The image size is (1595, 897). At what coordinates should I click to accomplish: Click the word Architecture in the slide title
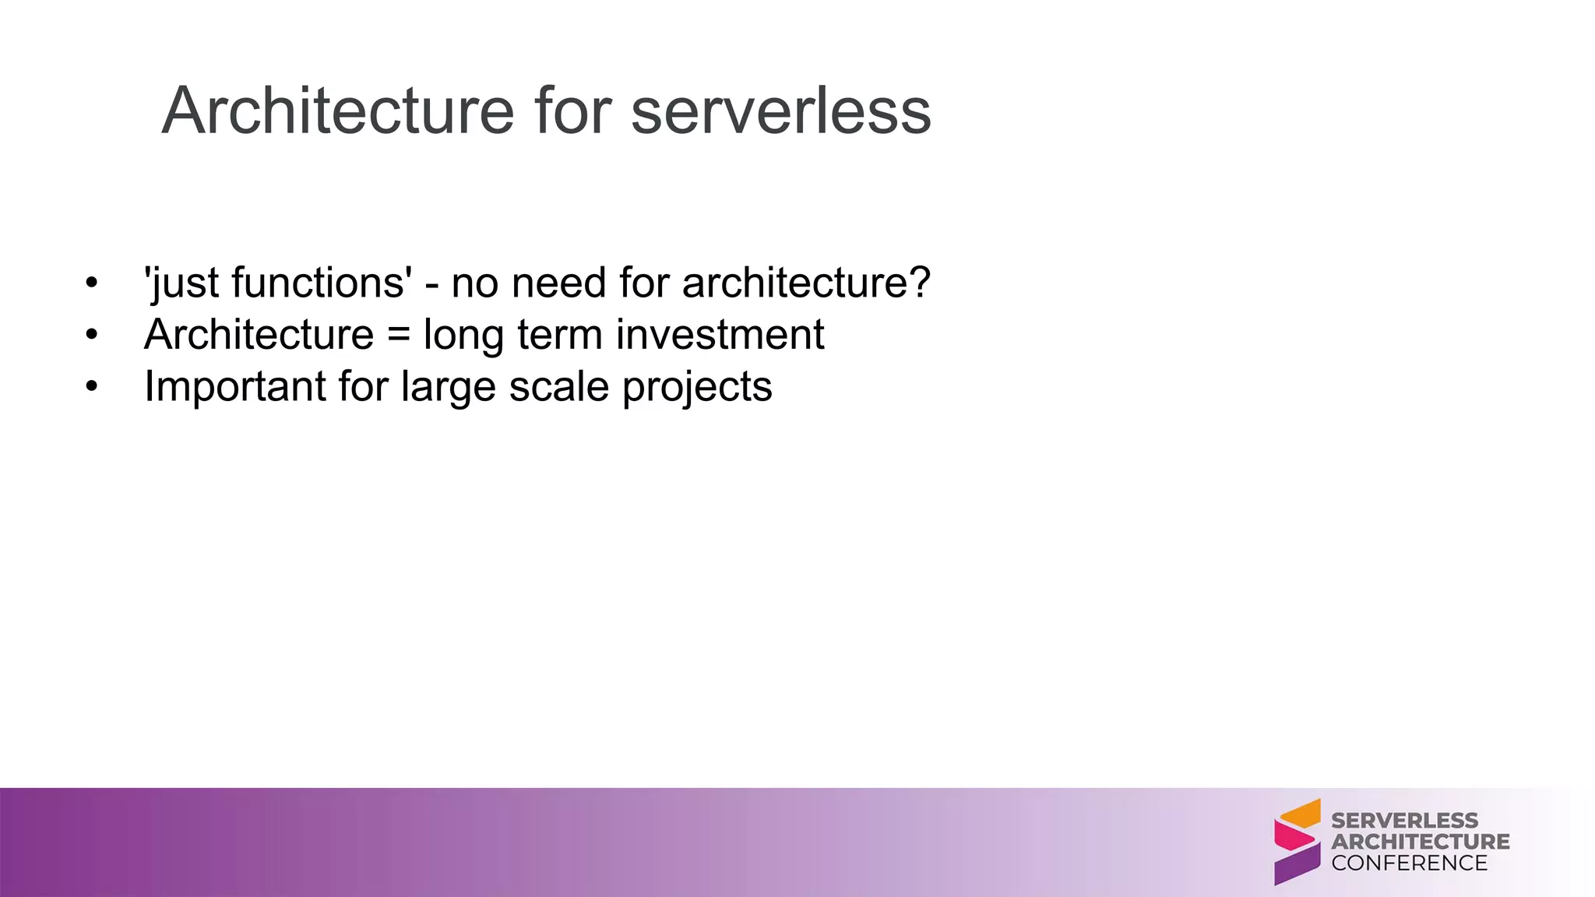coord(338,111)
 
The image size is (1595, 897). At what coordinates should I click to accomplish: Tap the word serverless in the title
coord(780,111)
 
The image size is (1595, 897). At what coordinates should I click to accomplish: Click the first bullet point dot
coord(92,283)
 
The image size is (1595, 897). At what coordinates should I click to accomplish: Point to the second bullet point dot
coord(92,336)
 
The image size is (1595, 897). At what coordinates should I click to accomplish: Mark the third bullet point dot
coord(92,387)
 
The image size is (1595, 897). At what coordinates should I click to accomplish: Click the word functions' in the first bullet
coord(322,282)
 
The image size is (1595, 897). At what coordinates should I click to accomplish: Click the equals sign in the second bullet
coord(398,335)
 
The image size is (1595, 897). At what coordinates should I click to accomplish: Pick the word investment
coord(720,335)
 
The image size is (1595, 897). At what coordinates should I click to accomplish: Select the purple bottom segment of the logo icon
coord(1297,864)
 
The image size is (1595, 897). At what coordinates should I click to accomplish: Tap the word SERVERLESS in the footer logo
coord(1404,821)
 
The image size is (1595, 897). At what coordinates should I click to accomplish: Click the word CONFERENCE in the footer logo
coord(1409,864)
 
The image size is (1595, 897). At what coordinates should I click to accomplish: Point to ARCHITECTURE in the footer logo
coord(1420,842)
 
